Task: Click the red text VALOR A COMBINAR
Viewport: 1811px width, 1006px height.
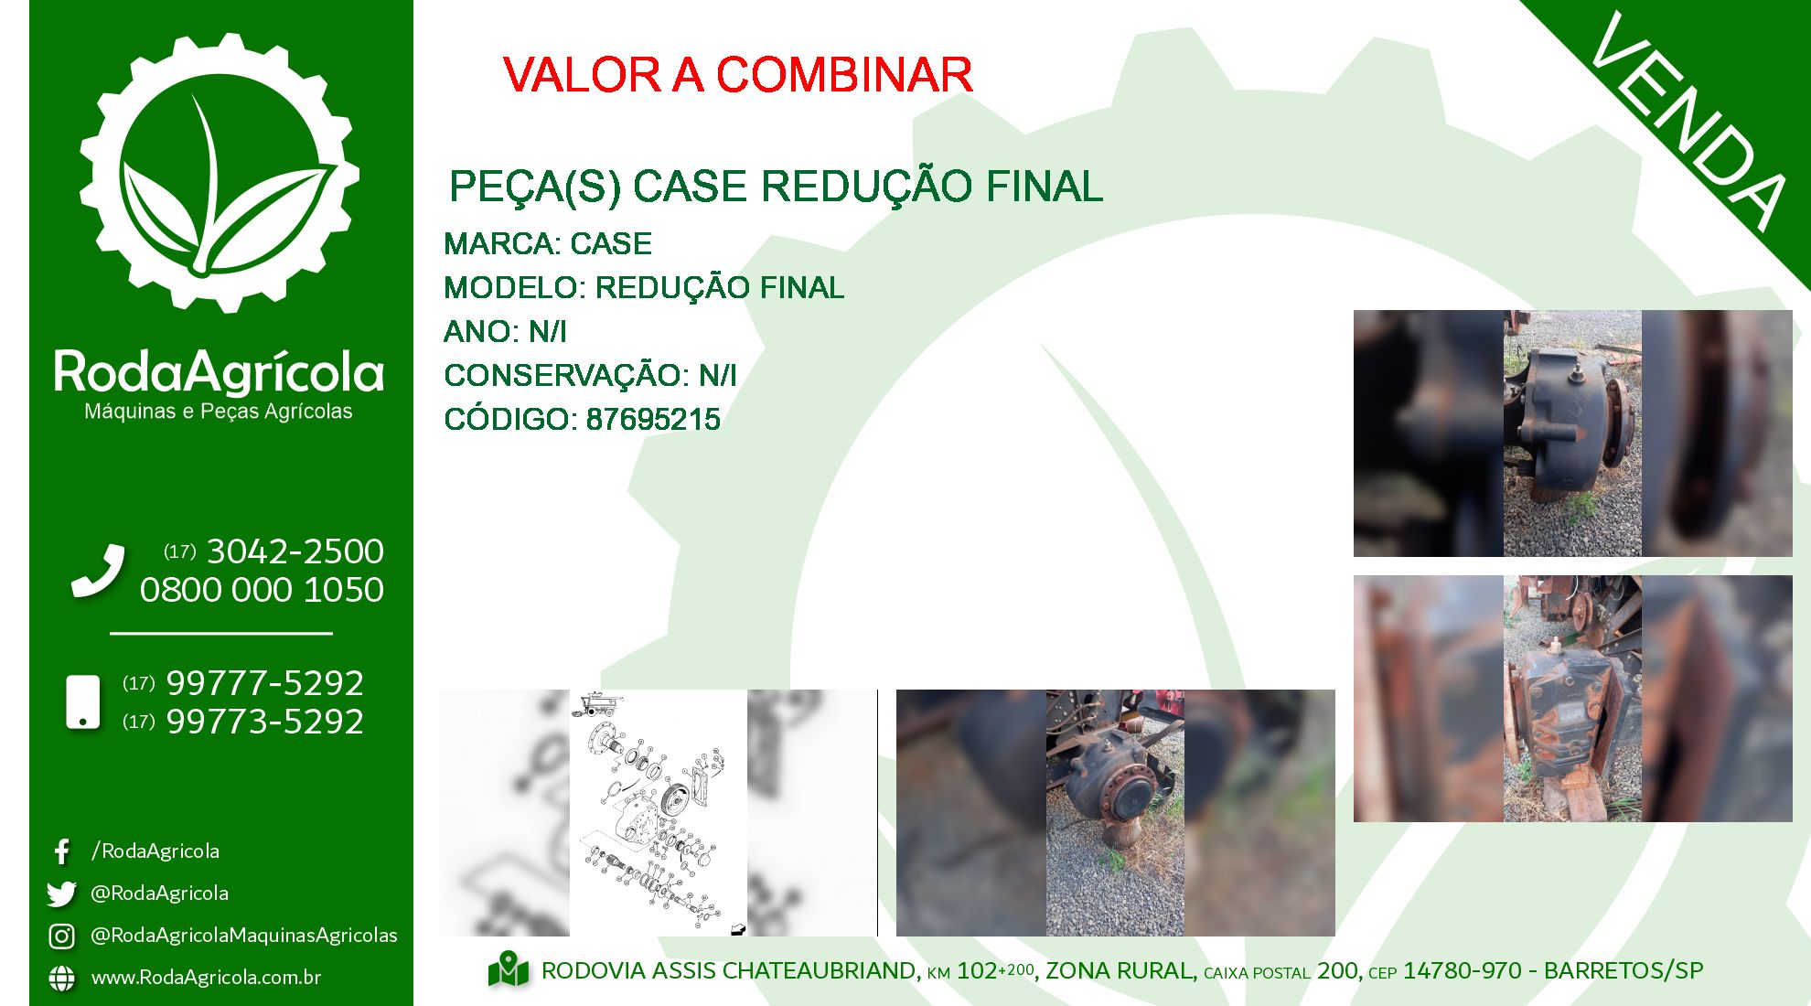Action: (737, 75)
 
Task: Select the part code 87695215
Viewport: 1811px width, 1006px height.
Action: (653, 420)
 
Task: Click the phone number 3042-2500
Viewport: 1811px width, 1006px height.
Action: (295, 551)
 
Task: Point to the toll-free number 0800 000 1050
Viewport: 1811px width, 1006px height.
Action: (262, 590)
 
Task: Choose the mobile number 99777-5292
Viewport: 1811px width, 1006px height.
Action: (264, 683)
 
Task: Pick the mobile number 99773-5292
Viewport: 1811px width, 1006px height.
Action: (264, 722)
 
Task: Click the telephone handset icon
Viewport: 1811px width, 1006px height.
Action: (98, 571)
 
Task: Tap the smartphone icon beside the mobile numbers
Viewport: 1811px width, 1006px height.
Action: (83, 702)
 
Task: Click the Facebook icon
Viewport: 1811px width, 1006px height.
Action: (62, 852)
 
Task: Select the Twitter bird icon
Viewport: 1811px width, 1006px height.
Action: (61, 894)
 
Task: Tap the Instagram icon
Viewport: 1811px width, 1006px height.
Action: (61, 936)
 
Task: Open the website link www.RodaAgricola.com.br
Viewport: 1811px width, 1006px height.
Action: (206, 978)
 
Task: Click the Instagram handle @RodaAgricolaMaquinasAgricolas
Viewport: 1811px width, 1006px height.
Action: (243, 936)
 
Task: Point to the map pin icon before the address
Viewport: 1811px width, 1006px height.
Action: (509, 969)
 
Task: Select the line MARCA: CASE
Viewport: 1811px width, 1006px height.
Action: (547, 244)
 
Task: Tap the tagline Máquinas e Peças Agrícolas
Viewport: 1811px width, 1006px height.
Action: (218, 412)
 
